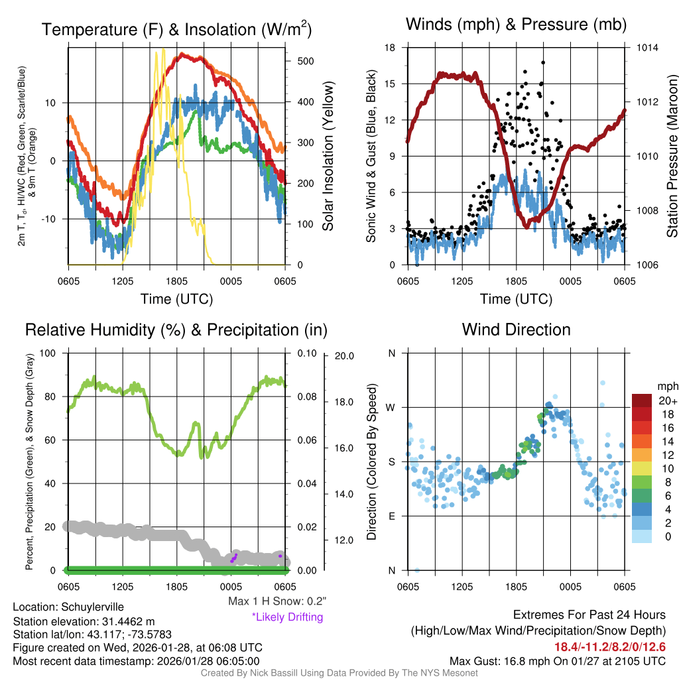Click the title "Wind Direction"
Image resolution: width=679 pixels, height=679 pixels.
click(516, 330)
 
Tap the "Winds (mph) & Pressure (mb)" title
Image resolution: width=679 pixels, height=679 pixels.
click(516, 25)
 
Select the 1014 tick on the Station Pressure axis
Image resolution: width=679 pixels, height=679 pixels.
click(648, 48)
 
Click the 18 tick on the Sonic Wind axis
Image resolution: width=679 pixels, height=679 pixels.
click(391, 48)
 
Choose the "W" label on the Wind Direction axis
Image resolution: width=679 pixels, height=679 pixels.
click(391, 407)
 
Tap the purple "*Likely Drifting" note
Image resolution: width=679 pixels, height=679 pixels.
click(287, 617)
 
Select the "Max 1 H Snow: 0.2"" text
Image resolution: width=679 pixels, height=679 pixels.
click(277, 601)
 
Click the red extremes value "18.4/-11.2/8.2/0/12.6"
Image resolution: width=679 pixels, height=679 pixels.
click(609, 646)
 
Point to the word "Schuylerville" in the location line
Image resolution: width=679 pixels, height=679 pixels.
click(92, 607)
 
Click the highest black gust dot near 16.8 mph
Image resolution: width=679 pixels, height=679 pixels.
click(543, 62)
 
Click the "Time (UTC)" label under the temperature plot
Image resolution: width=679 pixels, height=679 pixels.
click(176, 299)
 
